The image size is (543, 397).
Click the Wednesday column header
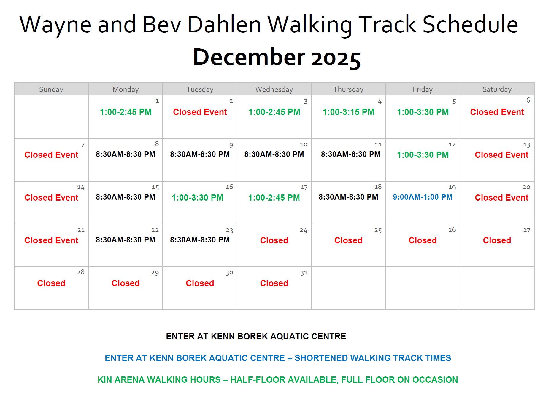click(274, 89)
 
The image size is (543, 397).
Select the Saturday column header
click(497, 89)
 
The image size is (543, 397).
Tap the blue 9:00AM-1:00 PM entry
click(423, 197)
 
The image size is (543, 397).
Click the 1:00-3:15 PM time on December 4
click(348, 112)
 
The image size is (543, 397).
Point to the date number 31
click(304, 273)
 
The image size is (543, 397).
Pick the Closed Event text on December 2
click(200, 112)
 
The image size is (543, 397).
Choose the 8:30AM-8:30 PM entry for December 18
click(348, 197)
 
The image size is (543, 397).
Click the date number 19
click(452, 188)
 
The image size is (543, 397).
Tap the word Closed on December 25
click(348, 240)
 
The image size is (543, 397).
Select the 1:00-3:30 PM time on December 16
click(197, 198)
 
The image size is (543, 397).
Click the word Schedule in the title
click(470, 24)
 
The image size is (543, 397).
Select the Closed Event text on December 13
click(501, 155)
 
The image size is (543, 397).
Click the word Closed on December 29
click(126, 283)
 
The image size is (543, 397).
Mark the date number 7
click(83, 145)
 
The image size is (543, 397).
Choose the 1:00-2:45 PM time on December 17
click(274, 198)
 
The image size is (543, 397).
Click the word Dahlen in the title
click(224, 24)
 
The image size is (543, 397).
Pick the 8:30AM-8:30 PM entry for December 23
click(200, 240)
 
